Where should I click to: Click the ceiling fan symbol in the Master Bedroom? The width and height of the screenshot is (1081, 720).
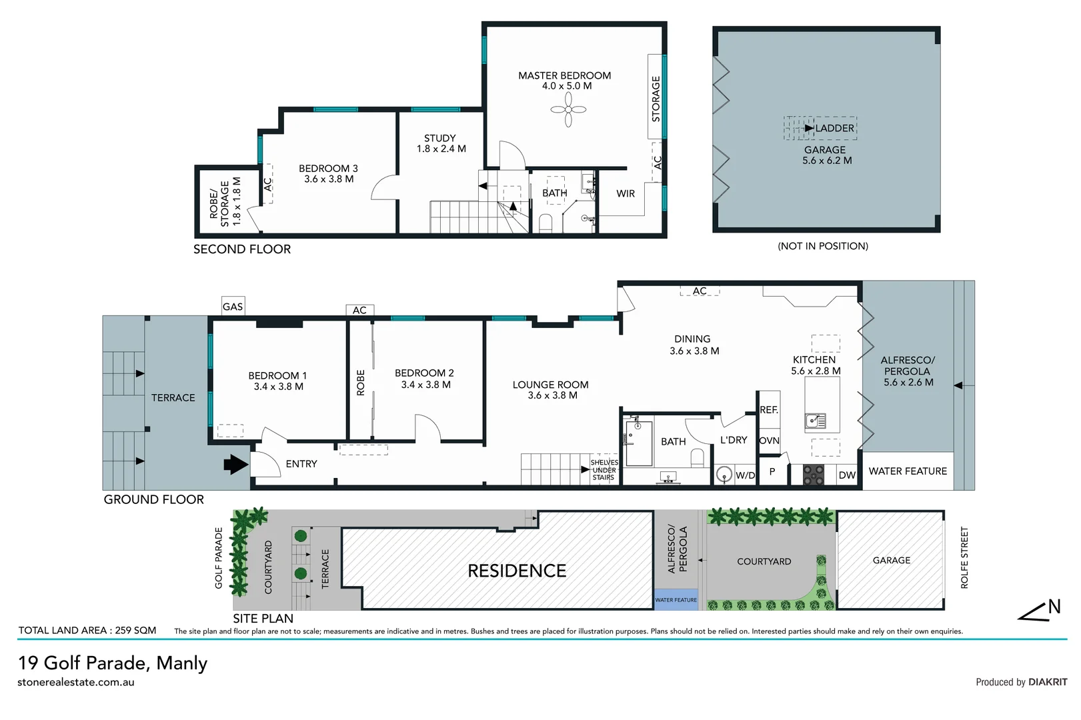[568, 109]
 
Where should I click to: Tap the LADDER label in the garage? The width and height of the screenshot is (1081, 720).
[834, 128]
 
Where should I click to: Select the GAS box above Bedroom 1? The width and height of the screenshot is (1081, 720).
[233, 306]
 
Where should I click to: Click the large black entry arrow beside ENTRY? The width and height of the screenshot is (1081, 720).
[235, 464]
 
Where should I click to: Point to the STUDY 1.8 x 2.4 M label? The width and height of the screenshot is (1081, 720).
[441, 143]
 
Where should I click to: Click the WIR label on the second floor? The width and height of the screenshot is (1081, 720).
[626, 193]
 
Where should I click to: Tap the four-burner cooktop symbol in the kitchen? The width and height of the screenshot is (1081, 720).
[814, 474]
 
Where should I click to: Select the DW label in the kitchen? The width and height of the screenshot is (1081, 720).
[847, 475]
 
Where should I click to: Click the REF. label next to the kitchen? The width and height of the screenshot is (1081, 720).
[769, 410]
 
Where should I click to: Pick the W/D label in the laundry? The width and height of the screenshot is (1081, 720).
[745, 475]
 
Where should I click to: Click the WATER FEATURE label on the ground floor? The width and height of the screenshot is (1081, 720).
[908, 471]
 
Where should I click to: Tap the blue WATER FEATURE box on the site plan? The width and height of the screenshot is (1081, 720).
[676, 599]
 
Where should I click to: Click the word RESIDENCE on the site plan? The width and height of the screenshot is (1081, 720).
[517, 571]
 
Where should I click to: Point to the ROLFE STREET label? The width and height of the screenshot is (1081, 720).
[964, 557]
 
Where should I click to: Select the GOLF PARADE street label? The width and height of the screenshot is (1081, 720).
[219, 558]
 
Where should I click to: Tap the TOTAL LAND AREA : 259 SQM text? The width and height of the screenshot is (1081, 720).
[87, 630]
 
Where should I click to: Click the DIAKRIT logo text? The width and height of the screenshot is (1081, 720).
[1048, 682]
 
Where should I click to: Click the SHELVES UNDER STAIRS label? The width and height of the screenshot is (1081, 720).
[604, 470]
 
